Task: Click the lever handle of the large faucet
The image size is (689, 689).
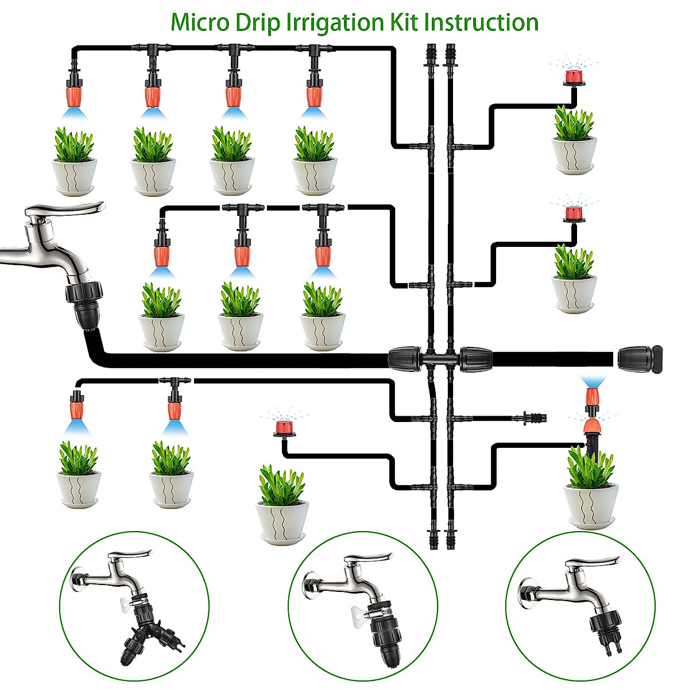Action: click(x=69, y=210)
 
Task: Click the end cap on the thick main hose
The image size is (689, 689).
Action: click(x=640, y=358)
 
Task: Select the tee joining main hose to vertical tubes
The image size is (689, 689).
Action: click(x=440, y=359)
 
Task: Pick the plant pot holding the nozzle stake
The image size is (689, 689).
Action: click(x=591, y=505)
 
